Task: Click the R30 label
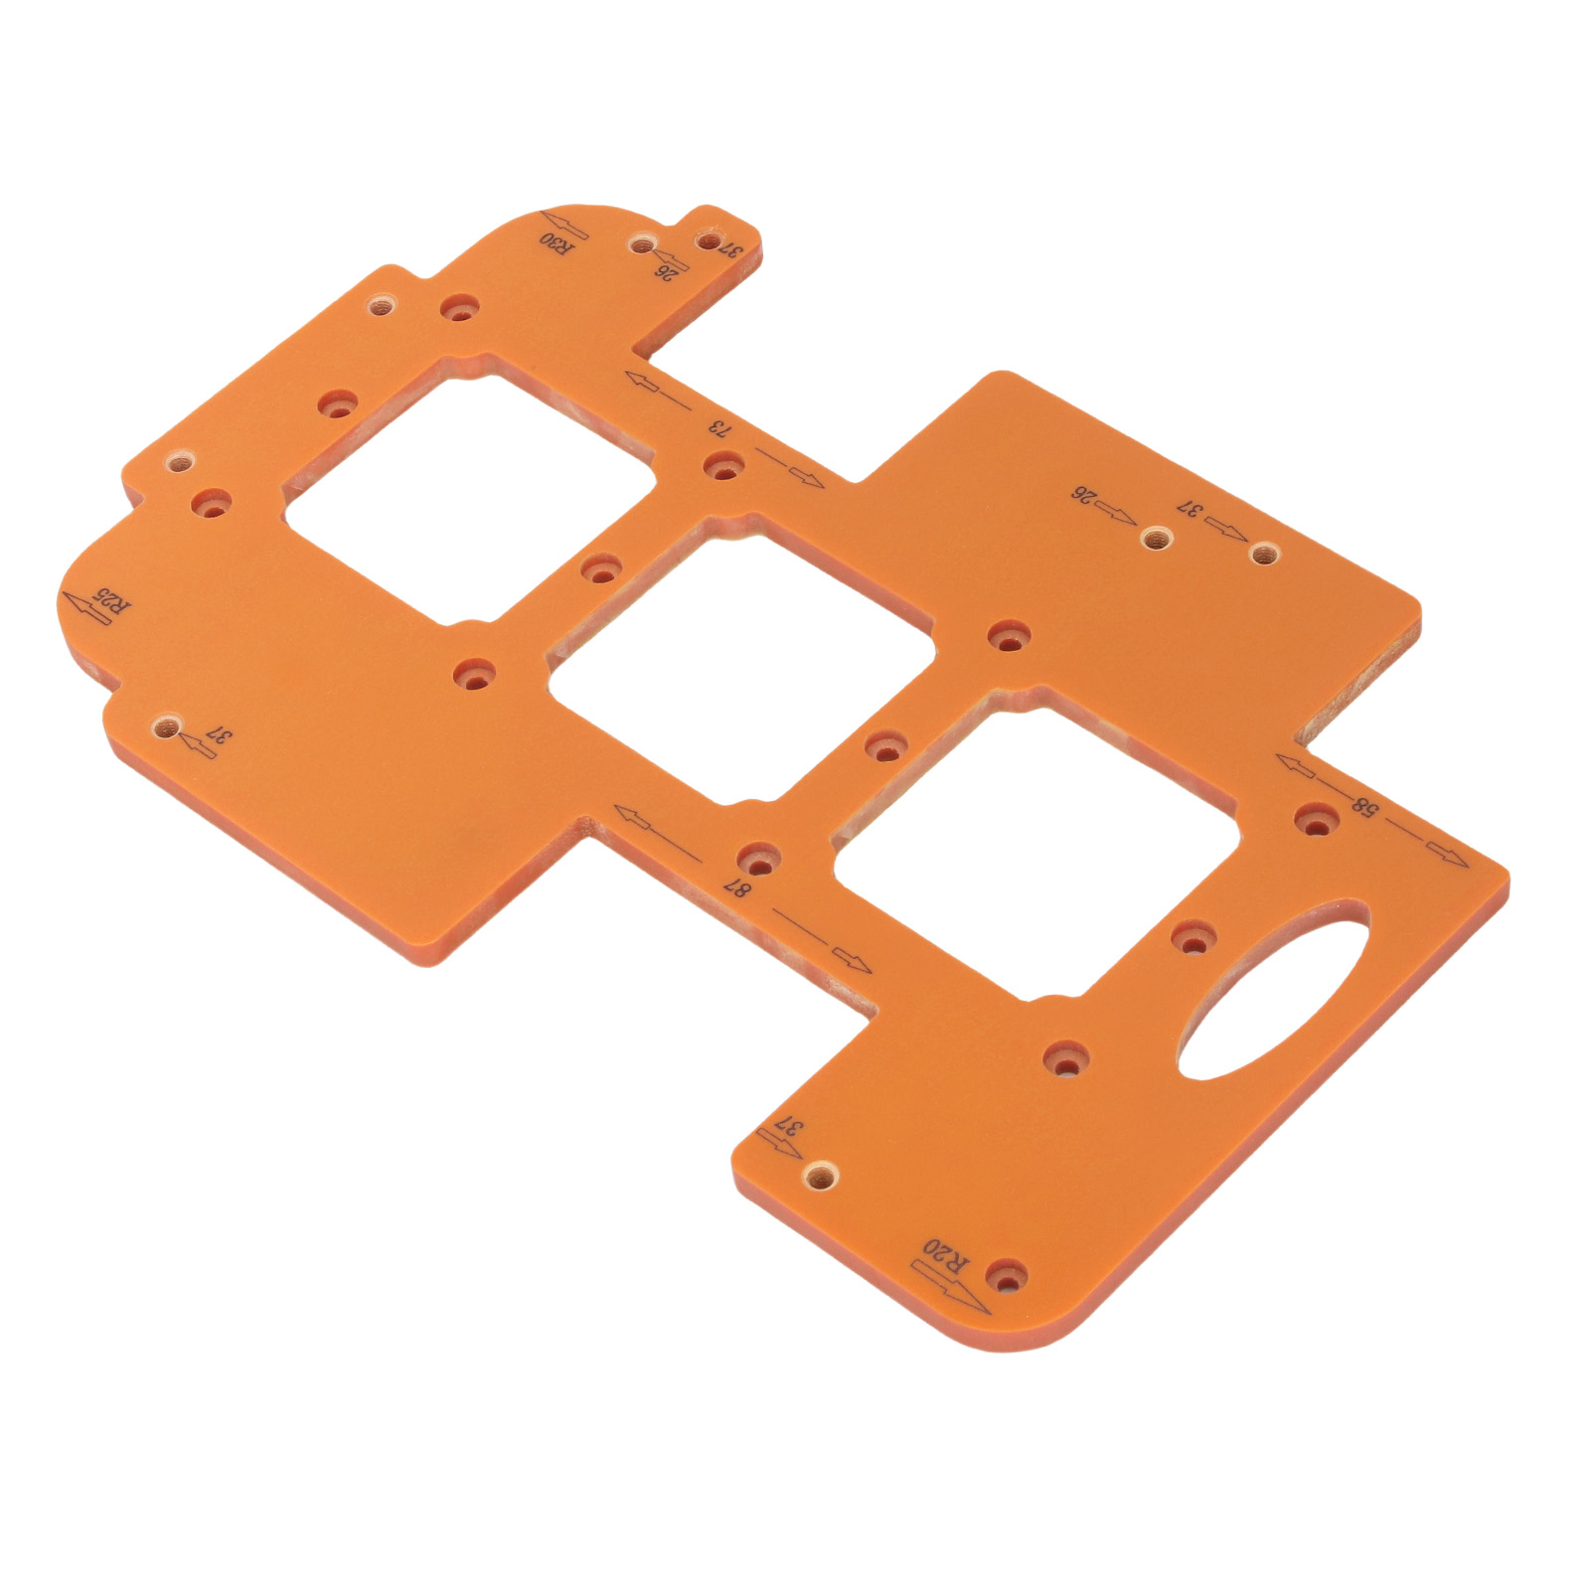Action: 557,243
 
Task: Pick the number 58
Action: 1364,805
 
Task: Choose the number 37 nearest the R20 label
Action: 787,1127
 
